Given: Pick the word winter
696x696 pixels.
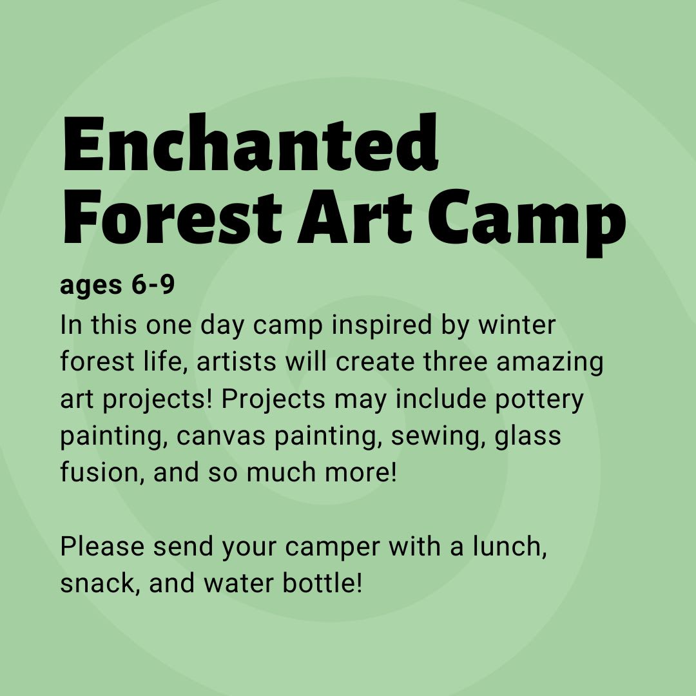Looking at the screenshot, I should coord(516,325).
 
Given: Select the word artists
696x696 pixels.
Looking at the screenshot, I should coord(237,363).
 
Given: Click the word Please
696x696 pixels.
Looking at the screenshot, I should coord(101,546).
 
